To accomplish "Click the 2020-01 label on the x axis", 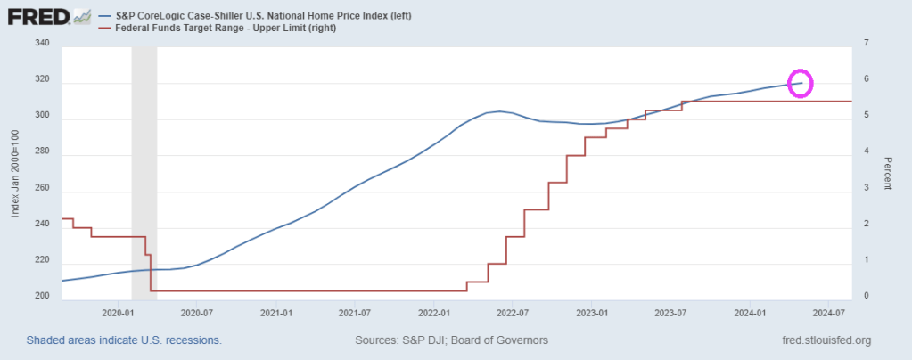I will click(x=118, y=314).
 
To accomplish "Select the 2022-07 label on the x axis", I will click(x=513, y=314).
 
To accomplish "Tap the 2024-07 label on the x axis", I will click(x=828, y=314).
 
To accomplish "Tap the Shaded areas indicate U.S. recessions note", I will click(x=124, y=340).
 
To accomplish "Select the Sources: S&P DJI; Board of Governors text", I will click(x=451, y=340).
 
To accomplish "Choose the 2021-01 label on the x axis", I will click(x=275, y=314).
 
